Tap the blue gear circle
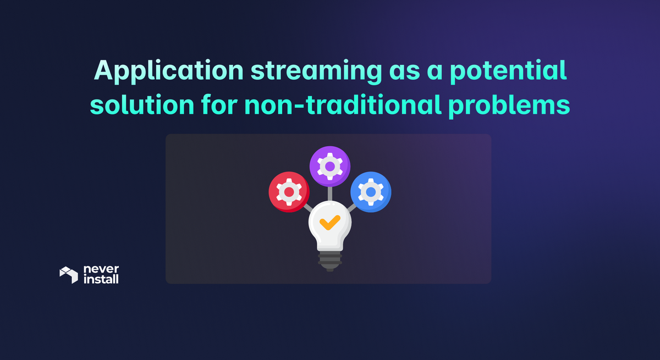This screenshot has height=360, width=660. click(371, 192)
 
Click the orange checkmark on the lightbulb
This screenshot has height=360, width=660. click(330, 222)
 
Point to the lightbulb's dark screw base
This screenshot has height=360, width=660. click(329, 261)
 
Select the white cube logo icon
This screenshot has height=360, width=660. click(69, 275)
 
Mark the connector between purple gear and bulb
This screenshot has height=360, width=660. click(329, 193)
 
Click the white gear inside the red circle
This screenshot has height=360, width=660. click(288, 191)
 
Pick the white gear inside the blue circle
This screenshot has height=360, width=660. click(371, 191)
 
